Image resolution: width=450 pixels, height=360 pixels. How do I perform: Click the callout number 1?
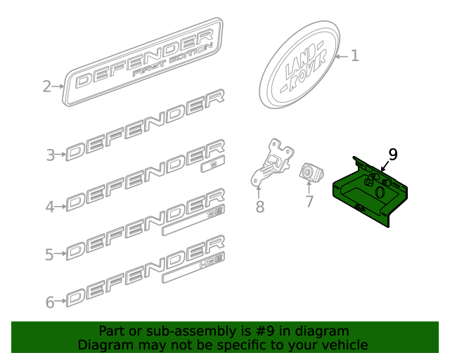[x=354, y=56]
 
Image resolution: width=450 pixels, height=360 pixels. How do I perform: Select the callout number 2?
[x=47, y=86]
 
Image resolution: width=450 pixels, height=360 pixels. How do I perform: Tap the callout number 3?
[x=51, y=155]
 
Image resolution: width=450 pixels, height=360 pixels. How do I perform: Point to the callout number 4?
[x=50, y=206]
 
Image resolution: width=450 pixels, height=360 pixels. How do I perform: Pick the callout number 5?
[x=50, y=255]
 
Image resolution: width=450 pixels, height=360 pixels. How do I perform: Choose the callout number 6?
[x=50, y=302]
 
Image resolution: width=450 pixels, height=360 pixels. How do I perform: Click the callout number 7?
[x=309, y=202]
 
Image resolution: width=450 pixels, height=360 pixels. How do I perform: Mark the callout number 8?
[x=259, y=207]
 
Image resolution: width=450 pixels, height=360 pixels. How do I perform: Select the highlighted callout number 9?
[x=392, y=154]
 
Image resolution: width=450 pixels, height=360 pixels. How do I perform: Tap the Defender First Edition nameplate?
[x=144, y=63]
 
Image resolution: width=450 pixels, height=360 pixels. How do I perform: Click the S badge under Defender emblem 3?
[x=210, y=166]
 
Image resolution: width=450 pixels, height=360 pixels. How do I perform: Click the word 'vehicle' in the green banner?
[x=342, y=345]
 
